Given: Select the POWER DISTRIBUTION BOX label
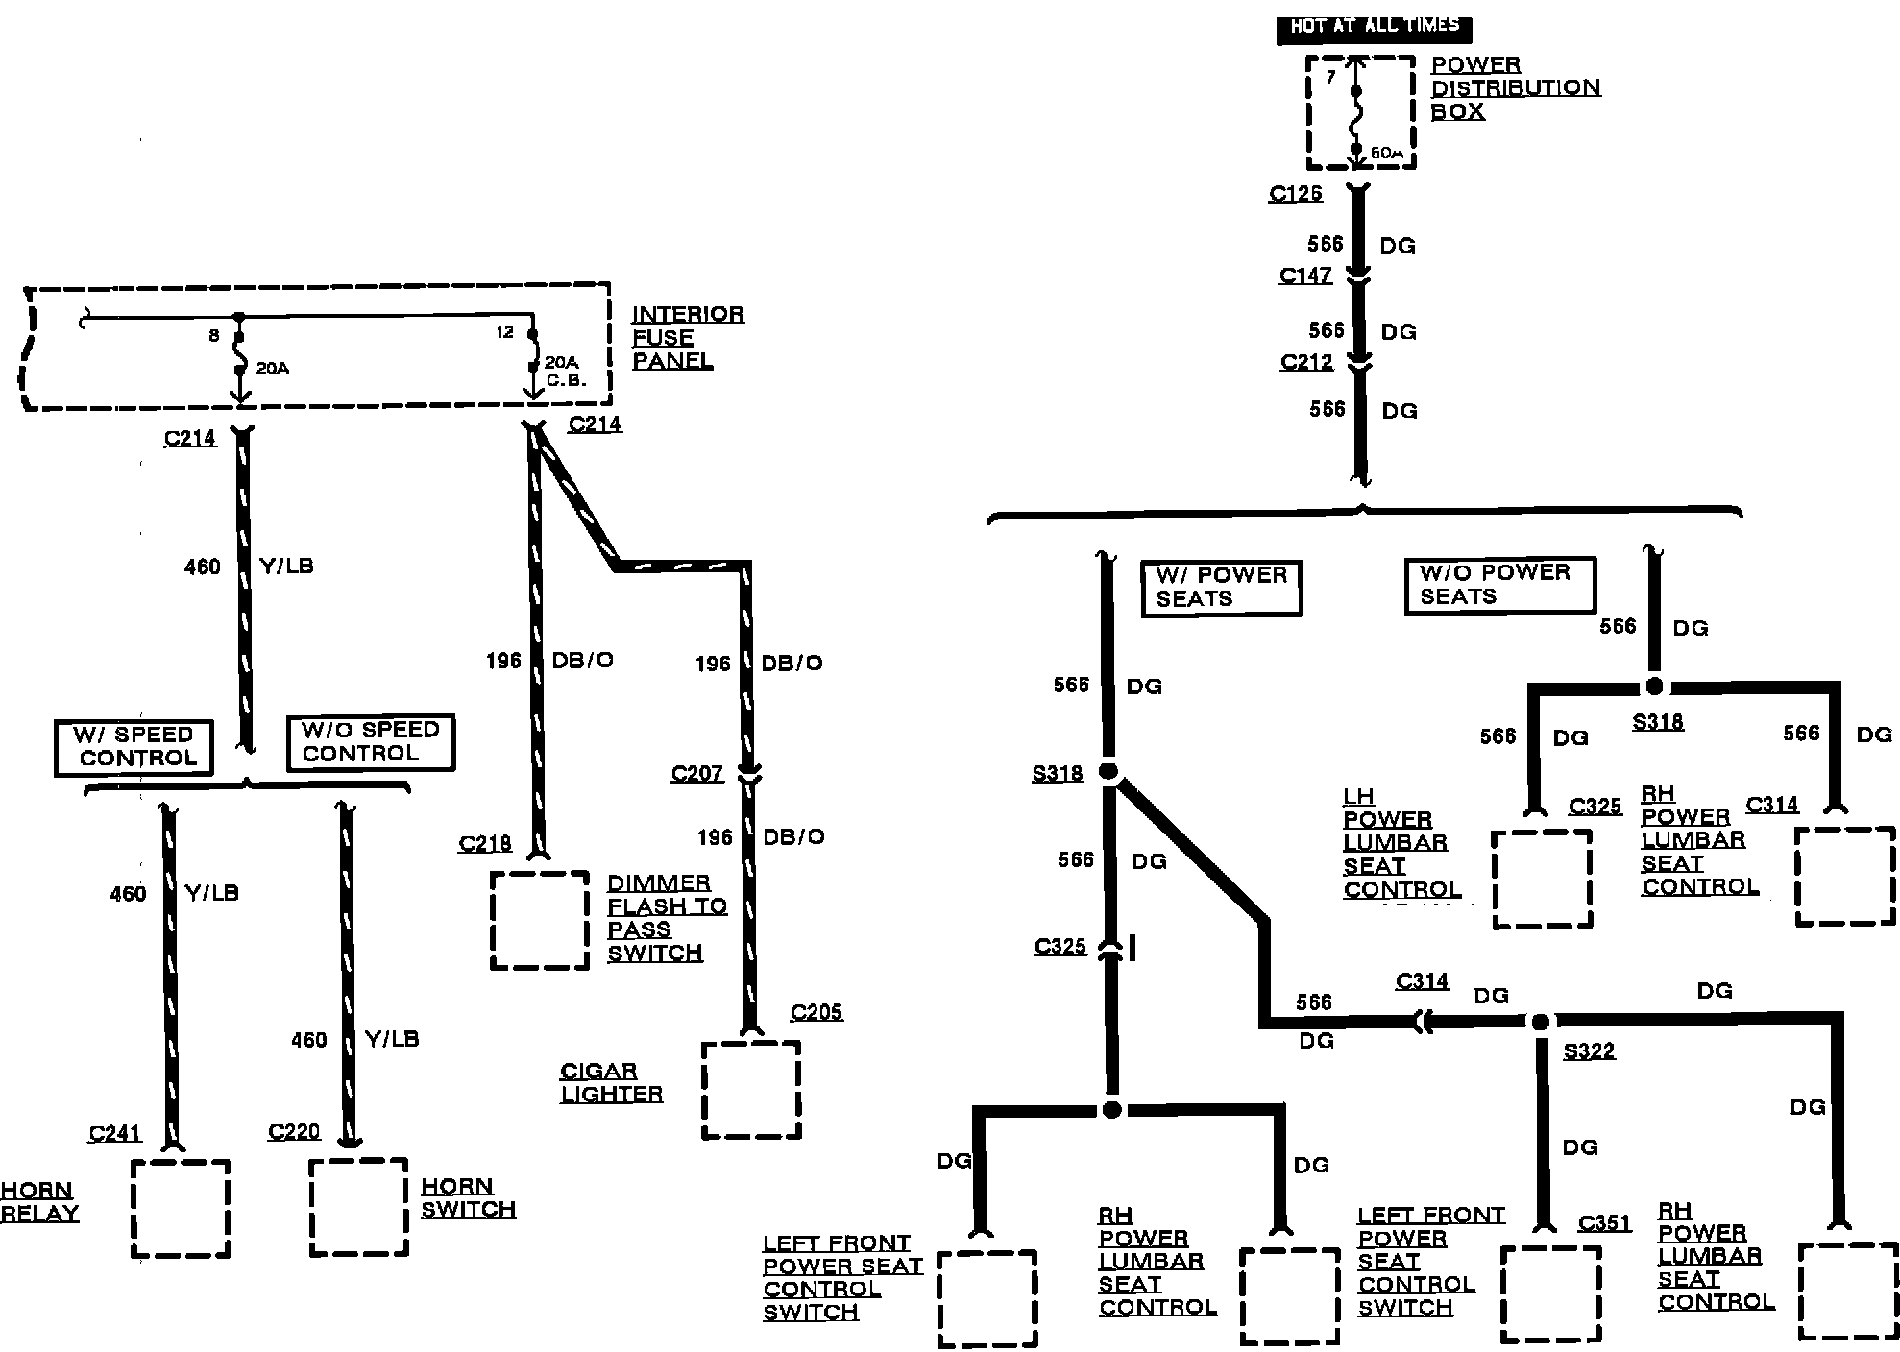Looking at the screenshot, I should pyautogui.click(x=1515, y=87).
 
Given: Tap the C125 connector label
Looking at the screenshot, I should pyautogui.click(x=1295, y=193).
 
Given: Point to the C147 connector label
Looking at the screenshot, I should pyautogui.click(x=1305, y=276).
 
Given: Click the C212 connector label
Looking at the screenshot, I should pyautogui.click(x=1306, y=362).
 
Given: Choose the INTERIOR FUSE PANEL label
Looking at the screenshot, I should pyautogui.click(x=687, y=337).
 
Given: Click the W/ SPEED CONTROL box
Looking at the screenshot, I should pyautogui.click(x=134, y=746).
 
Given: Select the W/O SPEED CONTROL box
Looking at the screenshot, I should pyautogui.click(x=370, y=742).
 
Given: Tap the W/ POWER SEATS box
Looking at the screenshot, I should pyautogui.click(x=1220, y=587).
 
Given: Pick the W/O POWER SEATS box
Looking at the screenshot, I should pyautogui.click(x=1498, y=584).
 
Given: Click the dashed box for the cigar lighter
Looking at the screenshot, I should pyautogui.click(x=751, y=1090).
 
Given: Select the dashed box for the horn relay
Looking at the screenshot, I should pyautogui.click(x=181, y=1208).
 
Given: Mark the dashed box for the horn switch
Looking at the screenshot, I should pyautogui.click(x=358, y=1207).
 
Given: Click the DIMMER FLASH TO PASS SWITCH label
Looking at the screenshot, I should pyautogui.click(x=667, y=917).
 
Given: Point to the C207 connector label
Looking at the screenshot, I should pyautogui.click(x=696, y=774).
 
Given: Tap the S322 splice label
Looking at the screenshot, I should pyautogui.click(x=1589, y=1051).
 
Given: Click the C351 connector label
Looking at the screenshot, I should pyautogui.click(x=1604, y=1222).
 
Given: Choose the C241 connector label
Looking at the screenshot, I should pyautogui.click(x=114, y=1133).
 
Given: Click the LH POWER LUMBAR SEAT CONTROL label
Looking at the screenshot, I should pyautogui.click(x=1401, y=843).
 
